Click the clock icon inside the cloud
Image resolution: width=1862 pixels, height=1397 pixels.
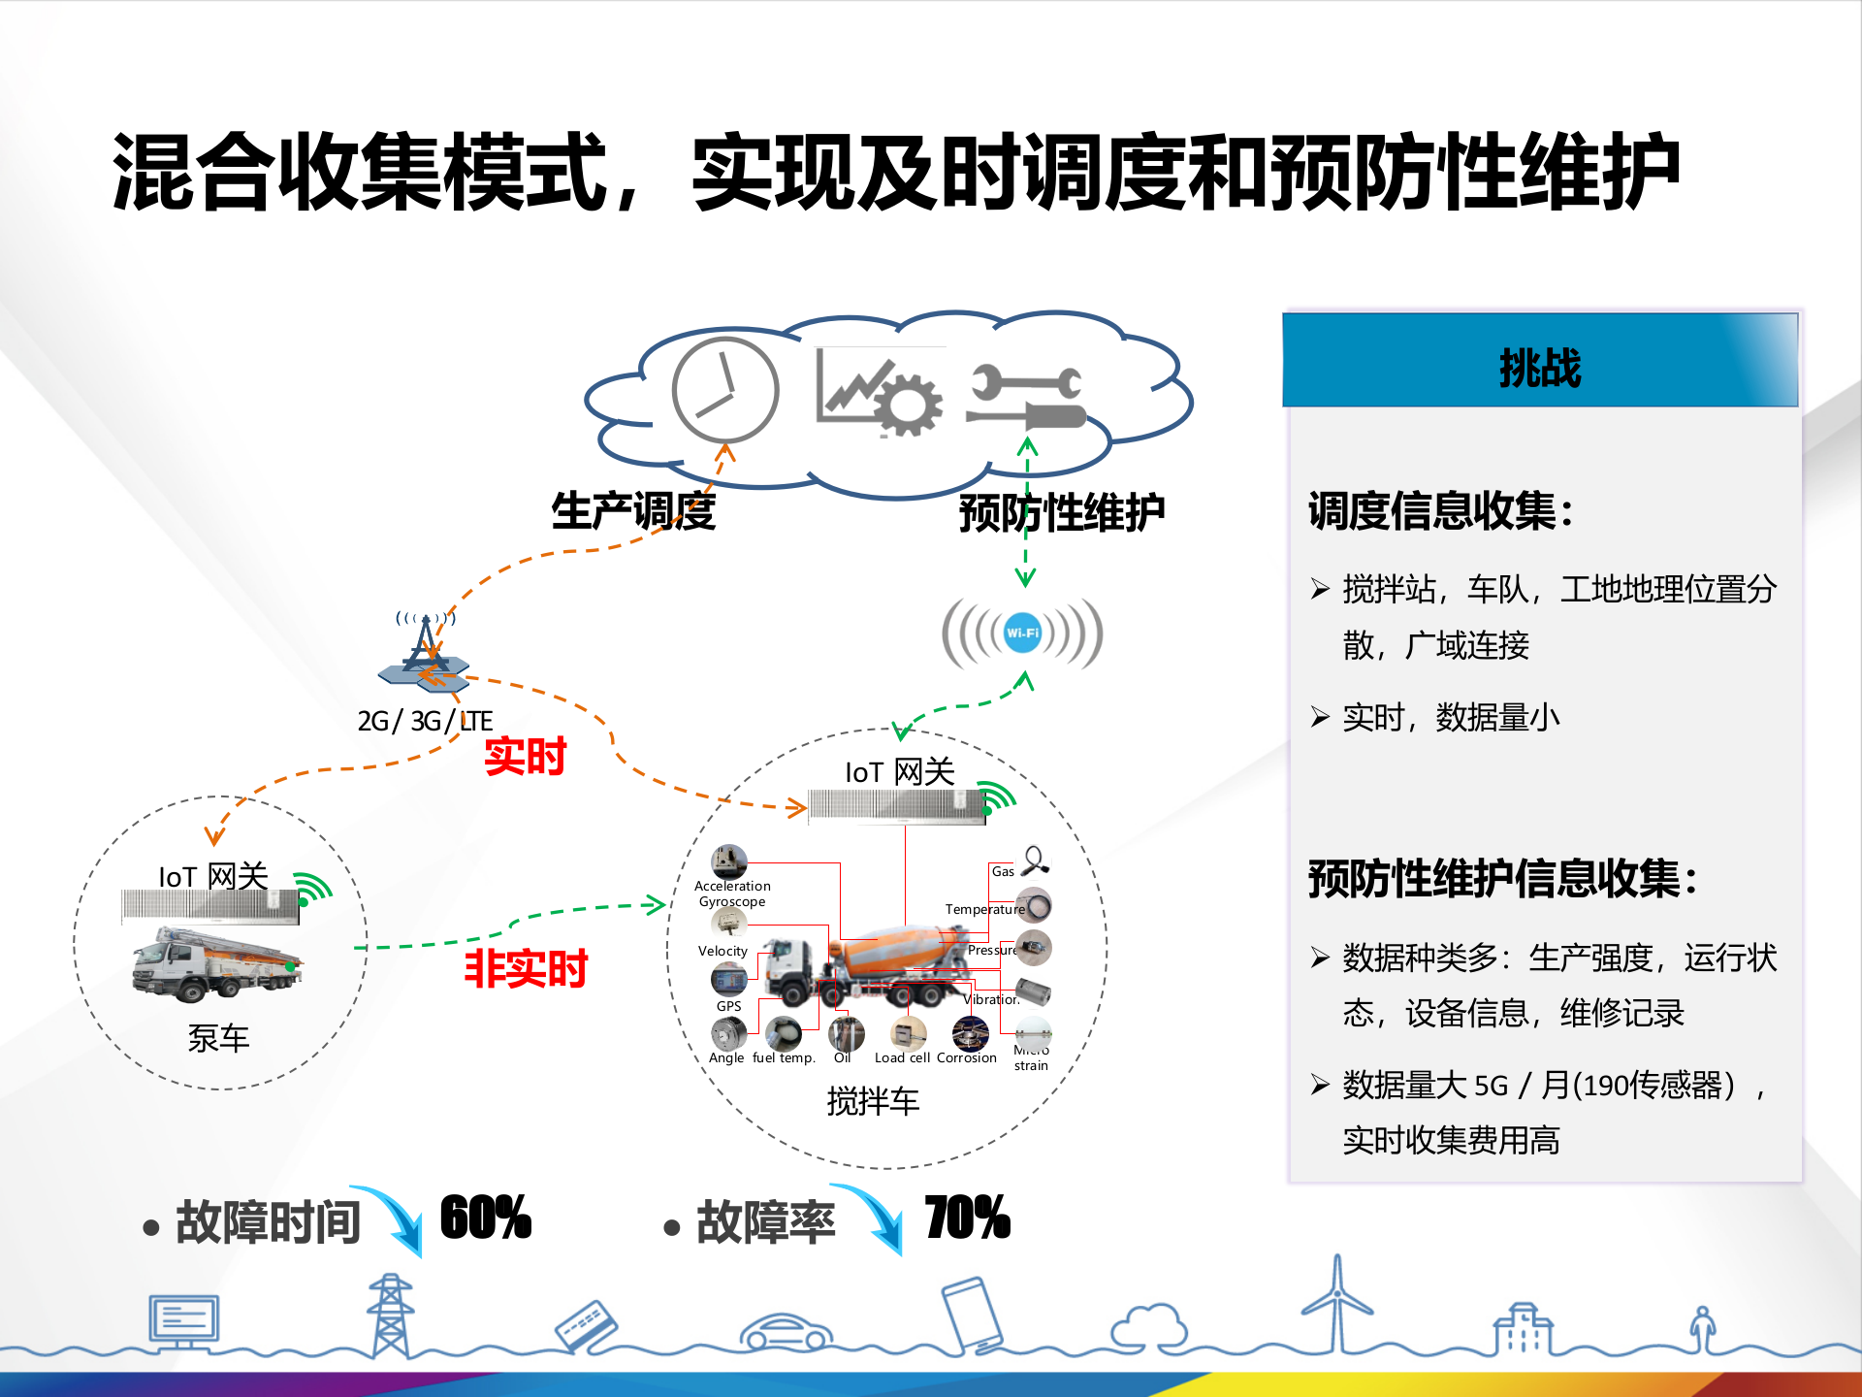pyautogui.click(x=725, y=390)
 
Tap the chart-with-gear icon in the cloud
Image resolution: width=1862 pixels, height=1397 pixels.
pyautogui.click(x=879, y=393)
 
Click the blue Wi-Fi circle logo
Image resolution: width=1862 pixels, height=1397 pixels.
pyautogui.click(x=1022, y=633)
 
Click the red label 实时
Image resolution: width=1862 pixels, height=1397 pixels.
pyautogui.click(x=525, y=756)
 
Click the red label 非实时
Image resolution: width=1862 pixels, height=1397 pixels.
pyautogui.click(x=526, y=968)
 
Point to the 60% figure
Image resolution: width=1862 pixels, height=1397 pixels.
pyautogui.click(x=485, y=1218)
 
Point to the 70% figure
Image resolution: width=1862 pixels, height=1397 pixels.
pyautogui.click(x=966, y=1218)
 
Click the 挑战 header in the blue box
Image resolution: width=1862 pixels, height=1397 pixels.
pyautogui.click(x=1540, y=368)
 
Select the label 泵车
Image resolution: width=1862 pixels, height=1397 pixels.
pyautogui.click(x=218, y=1039)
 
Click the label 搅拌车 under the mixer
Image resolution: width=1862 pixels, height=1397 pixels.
pyautogui.click(x=873, y=1101)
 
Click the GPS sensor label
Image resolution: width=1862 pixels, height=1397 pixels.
pyautogui.click(x=728, y=1006)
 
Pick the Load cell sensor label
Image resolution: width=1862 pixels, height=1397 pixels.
pyautogui.click(x=902, y=1058)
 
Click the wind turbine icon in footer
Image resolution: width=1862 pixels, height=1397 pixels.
pyautogui.click(x=1337, y=1305)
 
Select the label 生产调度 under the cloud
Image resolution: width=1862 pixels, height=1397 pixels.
pyautogui.click(x=633, y=511)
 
